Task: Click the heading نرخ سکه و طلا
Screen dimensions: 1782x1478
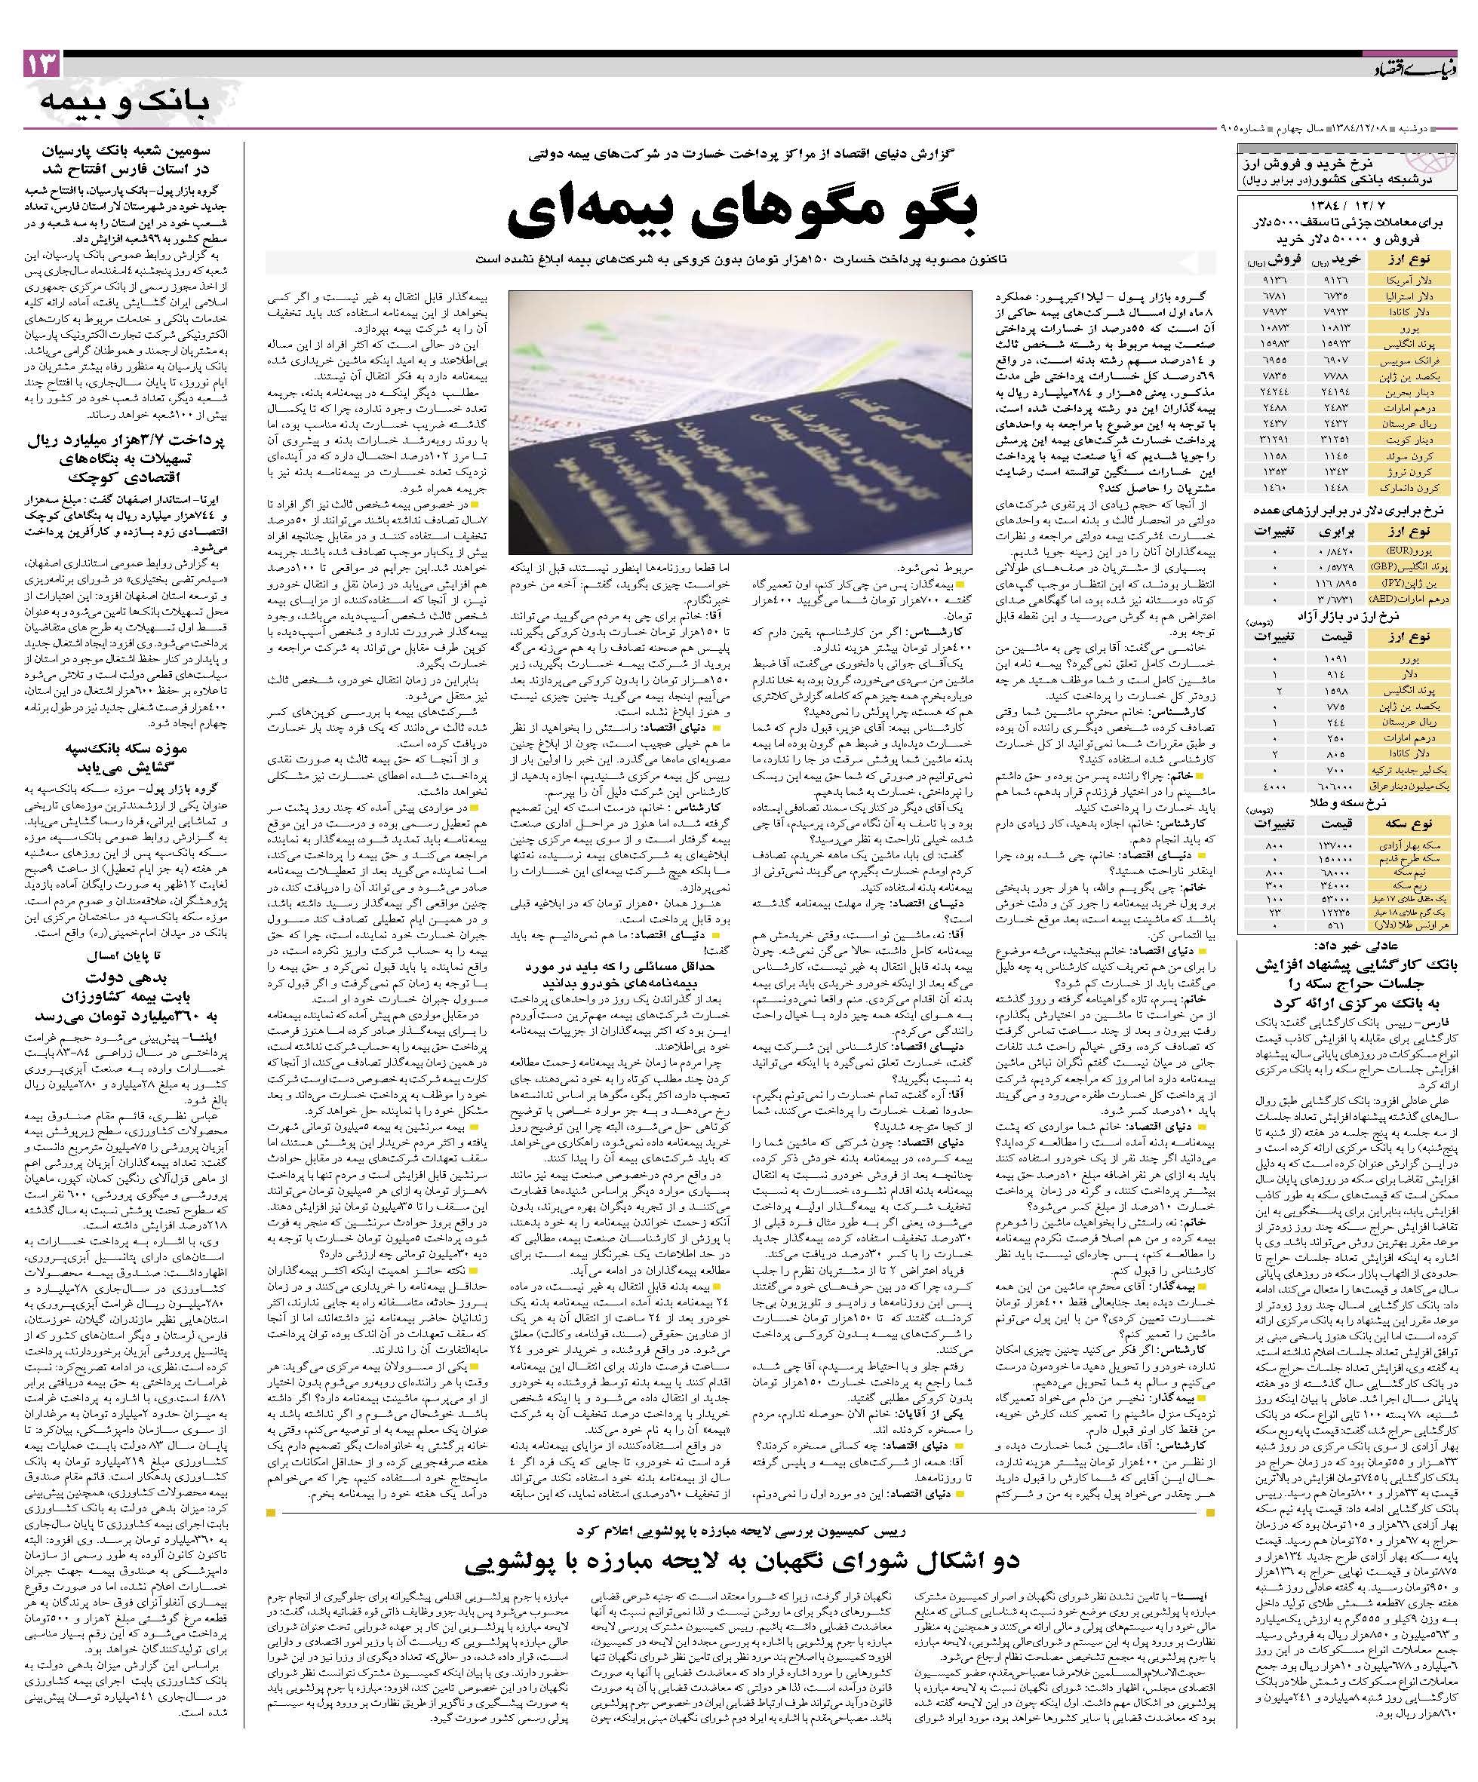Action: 1352,804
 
